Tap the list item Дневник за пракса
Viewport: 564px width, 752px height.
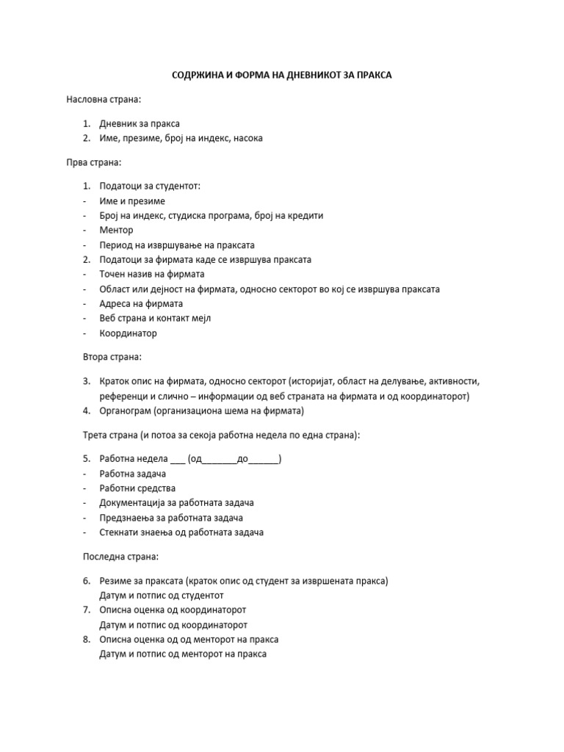coord(140,123)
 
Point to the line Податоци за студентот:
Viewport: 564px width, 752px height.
coord(149,187)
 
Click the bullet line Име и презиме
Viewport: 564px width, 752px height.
coord(132,201)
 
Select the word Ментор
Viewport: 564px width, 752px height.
coord(117,230)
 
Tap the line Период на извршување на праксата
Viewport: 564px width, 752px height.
coord(177,245)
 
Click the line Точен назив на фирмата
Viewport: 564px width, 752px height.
coord(151,274)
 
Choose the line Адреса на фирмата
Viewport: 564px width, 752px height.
coord(141,303)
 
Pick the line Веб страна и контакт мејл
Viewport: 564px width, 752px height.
coord(157,318)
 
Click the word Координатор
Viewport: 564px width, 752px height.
coord(129,333)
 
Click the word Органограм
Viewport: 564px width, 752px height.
coord(126,411)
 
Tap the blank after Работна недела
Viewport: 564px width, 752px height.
coord(178,460)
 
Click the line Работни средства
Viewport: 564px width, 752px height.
coord(137,488)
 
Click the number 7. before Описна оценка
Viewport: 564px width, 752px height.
coord(87,610)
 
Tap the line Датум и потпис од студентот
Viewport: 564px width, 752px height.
coord(162,595)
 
